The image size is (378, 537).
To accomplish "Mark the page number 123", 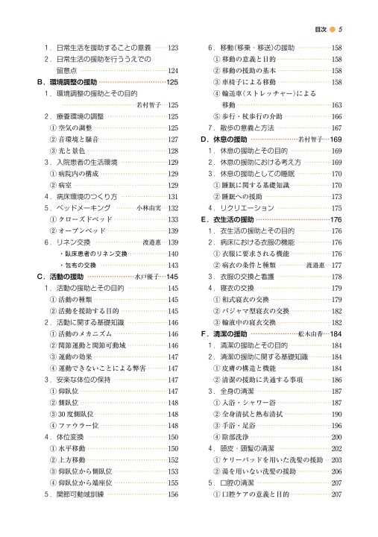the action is pyautogui.click(x=174, y=48).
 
